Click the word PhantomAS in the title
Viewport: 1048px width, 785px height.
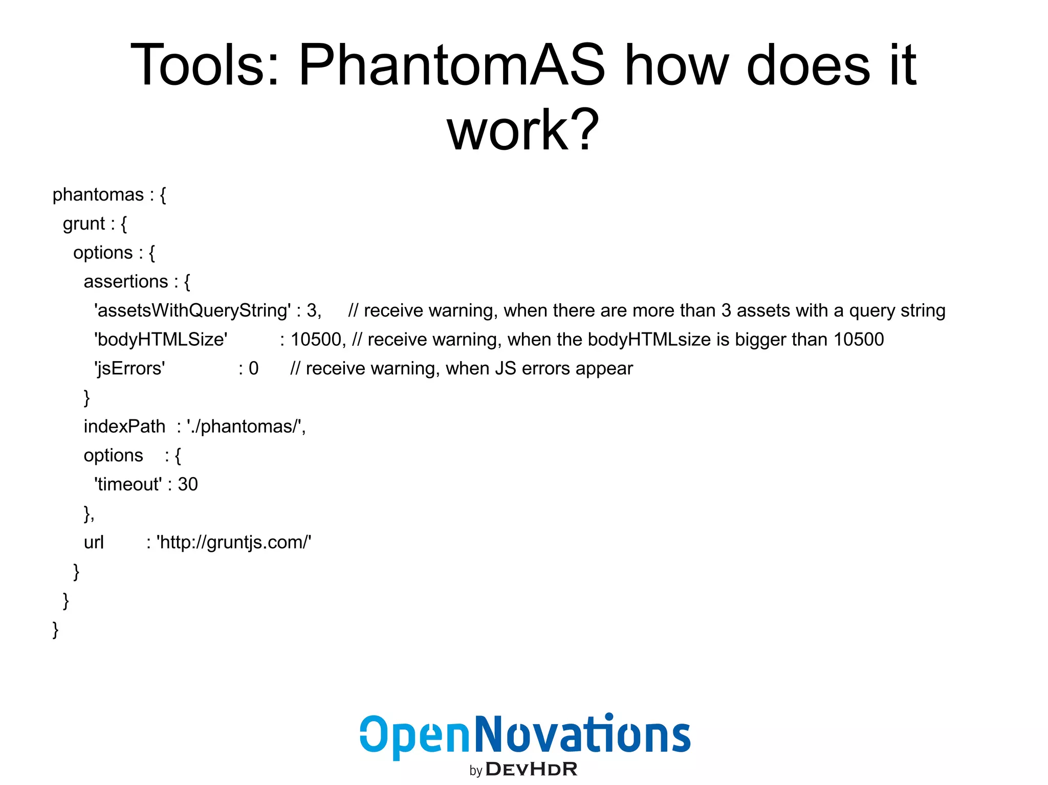click(451, 65)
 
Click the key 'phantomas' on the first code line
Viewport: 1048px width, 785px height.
click(98, 195)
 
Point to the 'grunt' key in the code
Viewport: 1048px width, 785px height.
click(84, 224)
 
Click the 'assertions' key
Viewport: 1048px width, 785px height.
click(126, 282)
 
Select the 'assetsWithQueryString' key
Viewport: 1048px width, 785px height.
click(192, 311)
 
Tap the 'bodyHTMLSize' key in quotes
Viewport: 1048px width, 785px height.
click(161, 340)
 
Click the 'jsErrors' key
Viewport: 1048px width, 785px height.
click(130, 369)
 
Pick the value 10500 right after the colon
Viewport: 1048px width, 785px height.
click(316, 340)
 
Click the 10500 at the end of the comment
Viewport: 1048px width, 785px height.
click(859, 340)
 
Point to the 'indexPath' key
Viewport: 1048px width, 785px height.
click(124, 427)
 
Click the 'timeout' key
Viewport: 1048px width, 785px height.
click(128, 484)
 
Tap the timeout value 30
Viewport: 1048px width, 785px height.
click(188, 484)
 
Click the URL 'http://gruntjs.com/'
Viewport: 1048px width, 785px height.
click(234, 542)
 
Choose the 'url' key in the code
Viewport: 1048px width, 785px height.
click(94, 542)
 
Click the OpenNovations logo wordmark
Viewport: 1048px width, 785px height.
click(525, 735)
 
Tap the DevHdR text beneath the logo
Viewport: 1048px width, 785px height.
click(531, 769)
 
